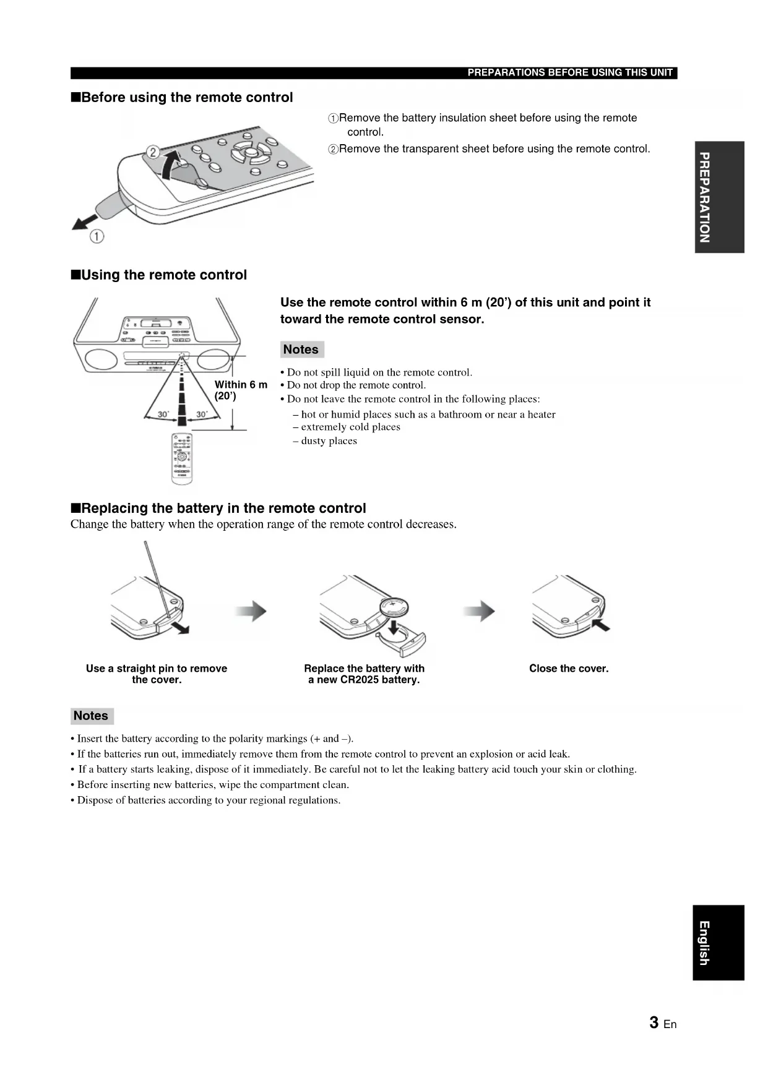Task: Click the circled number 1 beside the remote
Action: coord(97,236)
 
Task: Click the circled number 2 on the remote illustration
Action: coord(152,152)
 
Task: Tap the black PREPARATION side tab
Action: coord(718,197)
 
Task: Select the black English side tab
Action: coord(718,942)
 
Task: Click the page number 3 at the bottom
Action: coord(654,1023)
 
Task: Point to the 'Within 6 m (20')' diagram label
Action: coord(240,390)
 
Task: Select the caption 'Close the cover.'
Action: coord(569,668)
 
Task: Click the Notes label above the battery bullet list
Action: coord(91,716)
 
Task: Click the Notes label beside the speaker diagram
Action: coord(301,350)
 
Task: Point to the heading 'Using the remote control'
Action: coord(164,275)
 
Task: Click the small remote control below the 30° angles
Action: coord(182,458)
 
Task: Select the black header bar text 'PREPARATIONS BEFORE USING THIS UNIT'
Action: coord(569,72)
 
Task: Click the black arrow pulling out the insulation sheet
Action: coord(85,221)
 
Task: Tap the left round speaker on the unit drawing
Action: coord(100,359)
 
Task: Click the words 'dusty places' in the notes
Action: coord(329,441)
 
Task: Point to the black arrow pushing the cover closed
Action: coord(600,625)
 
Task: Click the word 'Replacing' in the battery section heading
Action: coord(115,508)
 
